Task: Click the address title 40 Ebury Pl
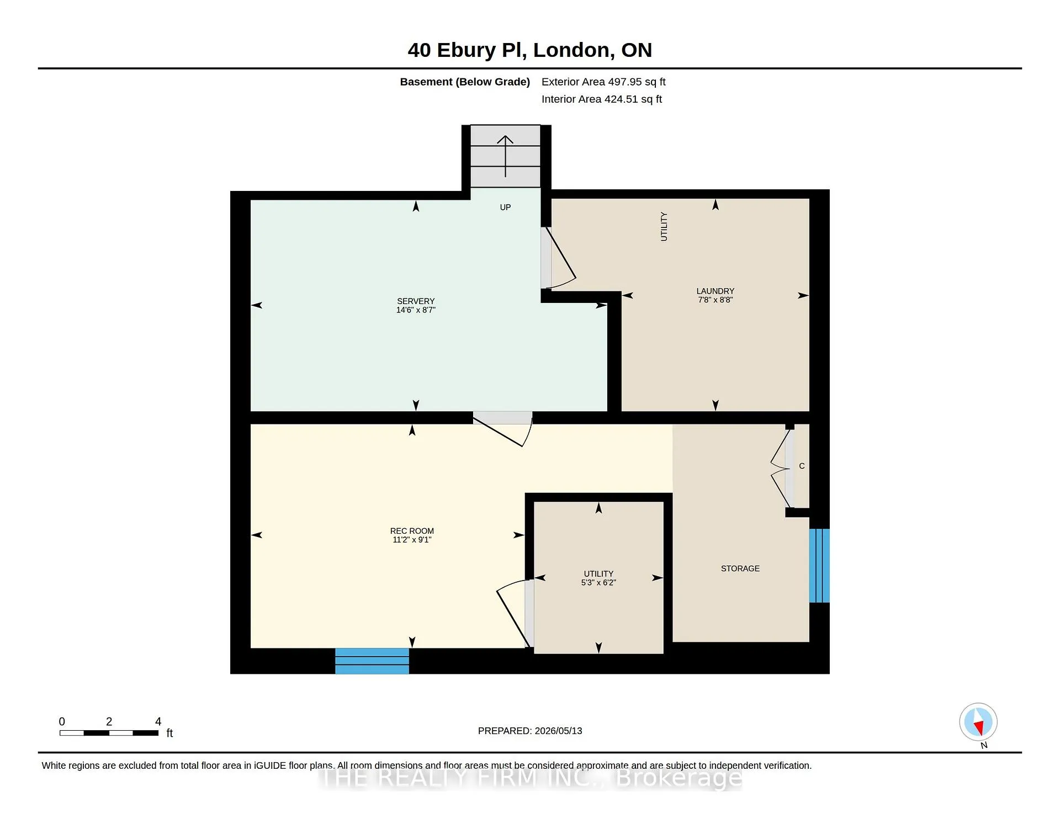pos(467,50)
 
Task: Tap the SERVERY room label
pos(416,301)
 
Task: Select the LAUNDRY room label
pos(715,291)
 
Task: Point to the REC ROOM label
pos(412,531)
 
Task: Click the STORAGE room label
pos(740,568)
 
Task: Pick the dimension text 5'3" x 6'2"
pos(598,583)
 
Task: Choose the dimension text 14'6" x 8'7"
pos(416,310)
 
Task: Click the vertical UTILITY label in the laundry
pos(664,226)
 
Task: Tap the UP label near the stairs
pos(505,208)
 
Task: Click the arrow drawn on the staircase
pos(505,156)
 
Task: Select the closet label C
pos(802,466)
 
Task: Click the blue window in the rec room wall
pos(372,661)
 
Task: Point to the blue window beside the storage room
pos(819,566)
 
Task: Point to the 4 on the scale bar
pos(158,722)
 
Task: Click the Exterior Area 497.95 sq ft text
pos(603,82)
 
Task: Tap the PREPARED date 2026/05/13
pos(558,731)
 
